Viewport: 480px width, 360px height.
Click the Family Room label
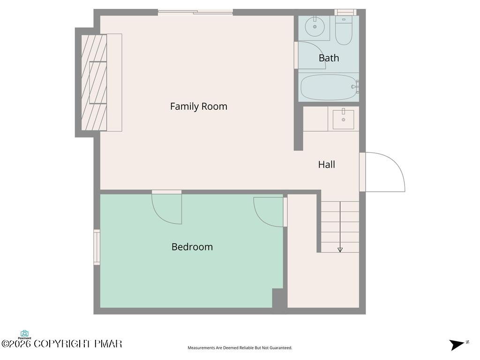(x=199, y=106)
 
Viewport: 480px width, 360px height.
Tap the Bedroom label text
(x=192, y=247)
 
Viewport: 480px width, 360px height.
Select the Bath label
(x=329, y=58)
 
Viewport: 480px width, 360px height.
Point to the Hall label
(x=326, y=165)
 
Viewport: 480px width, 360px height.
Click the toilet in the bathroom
(x=344, y=30)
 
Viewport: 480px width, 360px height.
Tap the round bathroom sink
(x=315, y=27)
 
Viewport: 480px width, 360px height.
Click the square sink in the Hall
(x=343, y=120)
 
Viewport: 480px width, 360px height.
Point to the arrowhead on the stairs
(x=340, y=250)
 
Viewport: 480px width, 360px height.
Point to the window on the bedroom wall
(x=97, y=247)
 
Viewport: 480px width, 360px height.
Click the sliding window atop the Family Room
(x=195, y=12)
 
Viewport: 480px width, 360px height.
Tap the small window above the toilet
(x=345, y=12)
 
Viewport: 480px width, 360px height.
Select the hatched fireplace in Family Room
(x=94, y=82)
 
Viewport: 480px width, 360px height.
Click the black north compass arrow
(x=457, y=345)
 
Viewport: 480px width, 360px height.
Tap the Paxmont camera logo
(x=24, y=335)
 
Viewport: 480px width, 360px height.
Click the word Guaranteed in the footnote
(x=281, y=348)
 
